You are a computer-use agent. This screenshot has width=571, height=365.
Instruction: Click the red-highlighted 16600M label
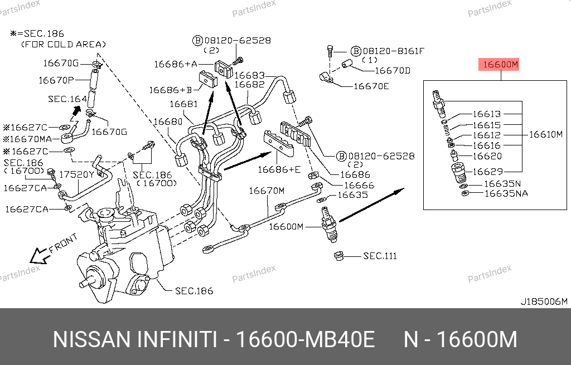point(500,65)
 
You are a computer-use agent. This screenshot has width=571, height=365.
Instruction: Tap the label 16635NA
point(506,193)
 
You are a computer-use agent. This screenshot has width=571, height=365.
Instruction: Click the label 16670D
point(392,71)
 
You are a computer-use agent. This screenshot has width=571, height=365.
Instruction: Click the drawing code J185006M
point(544,301)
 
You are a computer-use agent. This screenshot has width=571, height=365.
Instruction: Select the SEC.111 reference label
point(380,256)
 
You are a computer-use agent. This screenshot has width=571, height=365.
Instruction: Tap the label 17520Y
point(77,174)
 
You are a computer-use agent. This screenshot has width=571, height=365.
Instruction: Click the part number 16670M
point(267,191)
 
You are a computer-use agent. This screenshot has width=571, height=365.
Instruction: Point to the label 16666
point(359,185)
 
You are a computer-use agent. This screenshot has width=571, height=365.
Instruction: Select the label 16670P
point(56,80)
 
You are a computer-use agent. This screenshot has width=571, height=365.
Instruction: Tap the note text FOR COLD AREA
point(63,44)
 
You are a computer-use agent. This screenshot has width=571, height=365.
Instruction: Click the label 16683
point(249,75)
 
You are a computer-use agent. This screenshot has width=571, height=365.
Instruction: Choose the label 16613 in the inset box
point(487,114)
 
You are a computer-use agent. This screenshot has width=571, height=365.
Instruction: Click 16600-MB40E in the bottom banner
point(306,339)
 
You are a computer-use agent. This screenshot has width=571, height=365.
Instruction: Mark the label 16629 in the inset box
point(487,172)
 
